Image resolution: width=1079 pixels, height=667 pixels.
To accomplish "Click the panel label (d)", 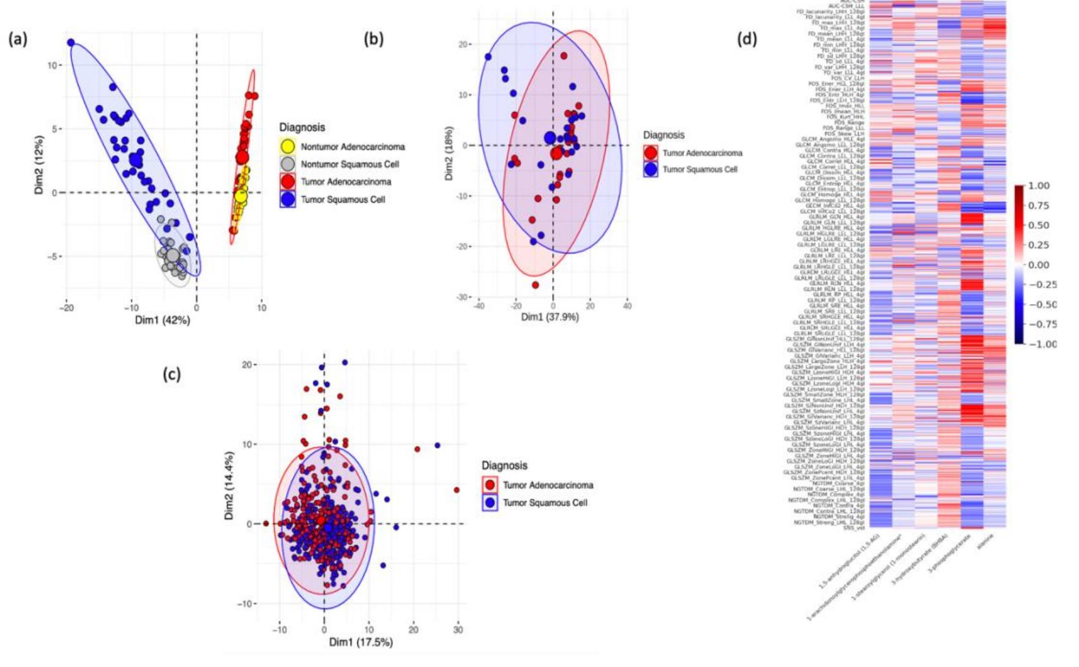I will (747, 39).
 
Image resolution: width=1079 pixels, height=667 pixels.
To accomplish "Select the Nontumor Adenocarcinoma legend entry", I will (353, 147).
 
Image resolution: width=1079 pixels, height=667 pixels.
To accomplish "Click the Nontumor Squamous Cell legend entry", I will (349, 164).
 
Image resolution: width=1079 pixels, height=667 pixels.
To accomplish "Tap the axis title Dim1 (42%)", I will (163, 320).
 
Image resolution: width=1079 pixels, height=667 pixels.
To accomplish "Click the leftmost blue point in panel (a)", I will (71, 43).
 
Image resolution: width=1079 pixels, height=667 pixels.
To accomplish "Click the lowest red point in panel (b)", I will (536, 285).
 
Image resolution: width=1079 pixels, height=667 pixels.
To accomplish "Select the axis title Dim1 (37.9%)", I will (550, 317).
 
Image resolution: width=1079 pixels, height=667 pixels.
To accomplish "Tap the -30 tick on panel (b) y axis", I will (464, 297).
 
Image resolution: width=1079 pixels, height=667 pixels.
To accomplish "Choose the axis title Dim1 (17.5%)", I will (360, 642).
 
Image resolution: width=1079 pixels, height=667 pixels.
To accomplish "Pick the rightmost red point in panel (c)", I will (457, 490).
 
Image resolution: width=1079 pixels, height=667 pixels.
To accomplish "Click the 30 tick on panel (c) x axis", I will (458, 629).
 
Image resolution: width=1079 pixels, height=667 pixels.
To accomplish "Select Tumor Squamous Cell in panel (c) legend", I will (545, 502).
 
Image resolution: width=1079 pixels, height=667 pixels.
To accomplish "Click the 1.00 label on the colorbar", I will (1039, 185).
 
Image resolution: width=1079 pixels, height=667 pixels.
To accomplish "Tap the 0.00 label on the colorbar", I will (1039, 265).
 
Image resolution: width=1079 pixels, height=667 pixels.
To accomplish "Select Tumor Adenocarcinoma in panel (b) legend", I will (702, 153).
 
